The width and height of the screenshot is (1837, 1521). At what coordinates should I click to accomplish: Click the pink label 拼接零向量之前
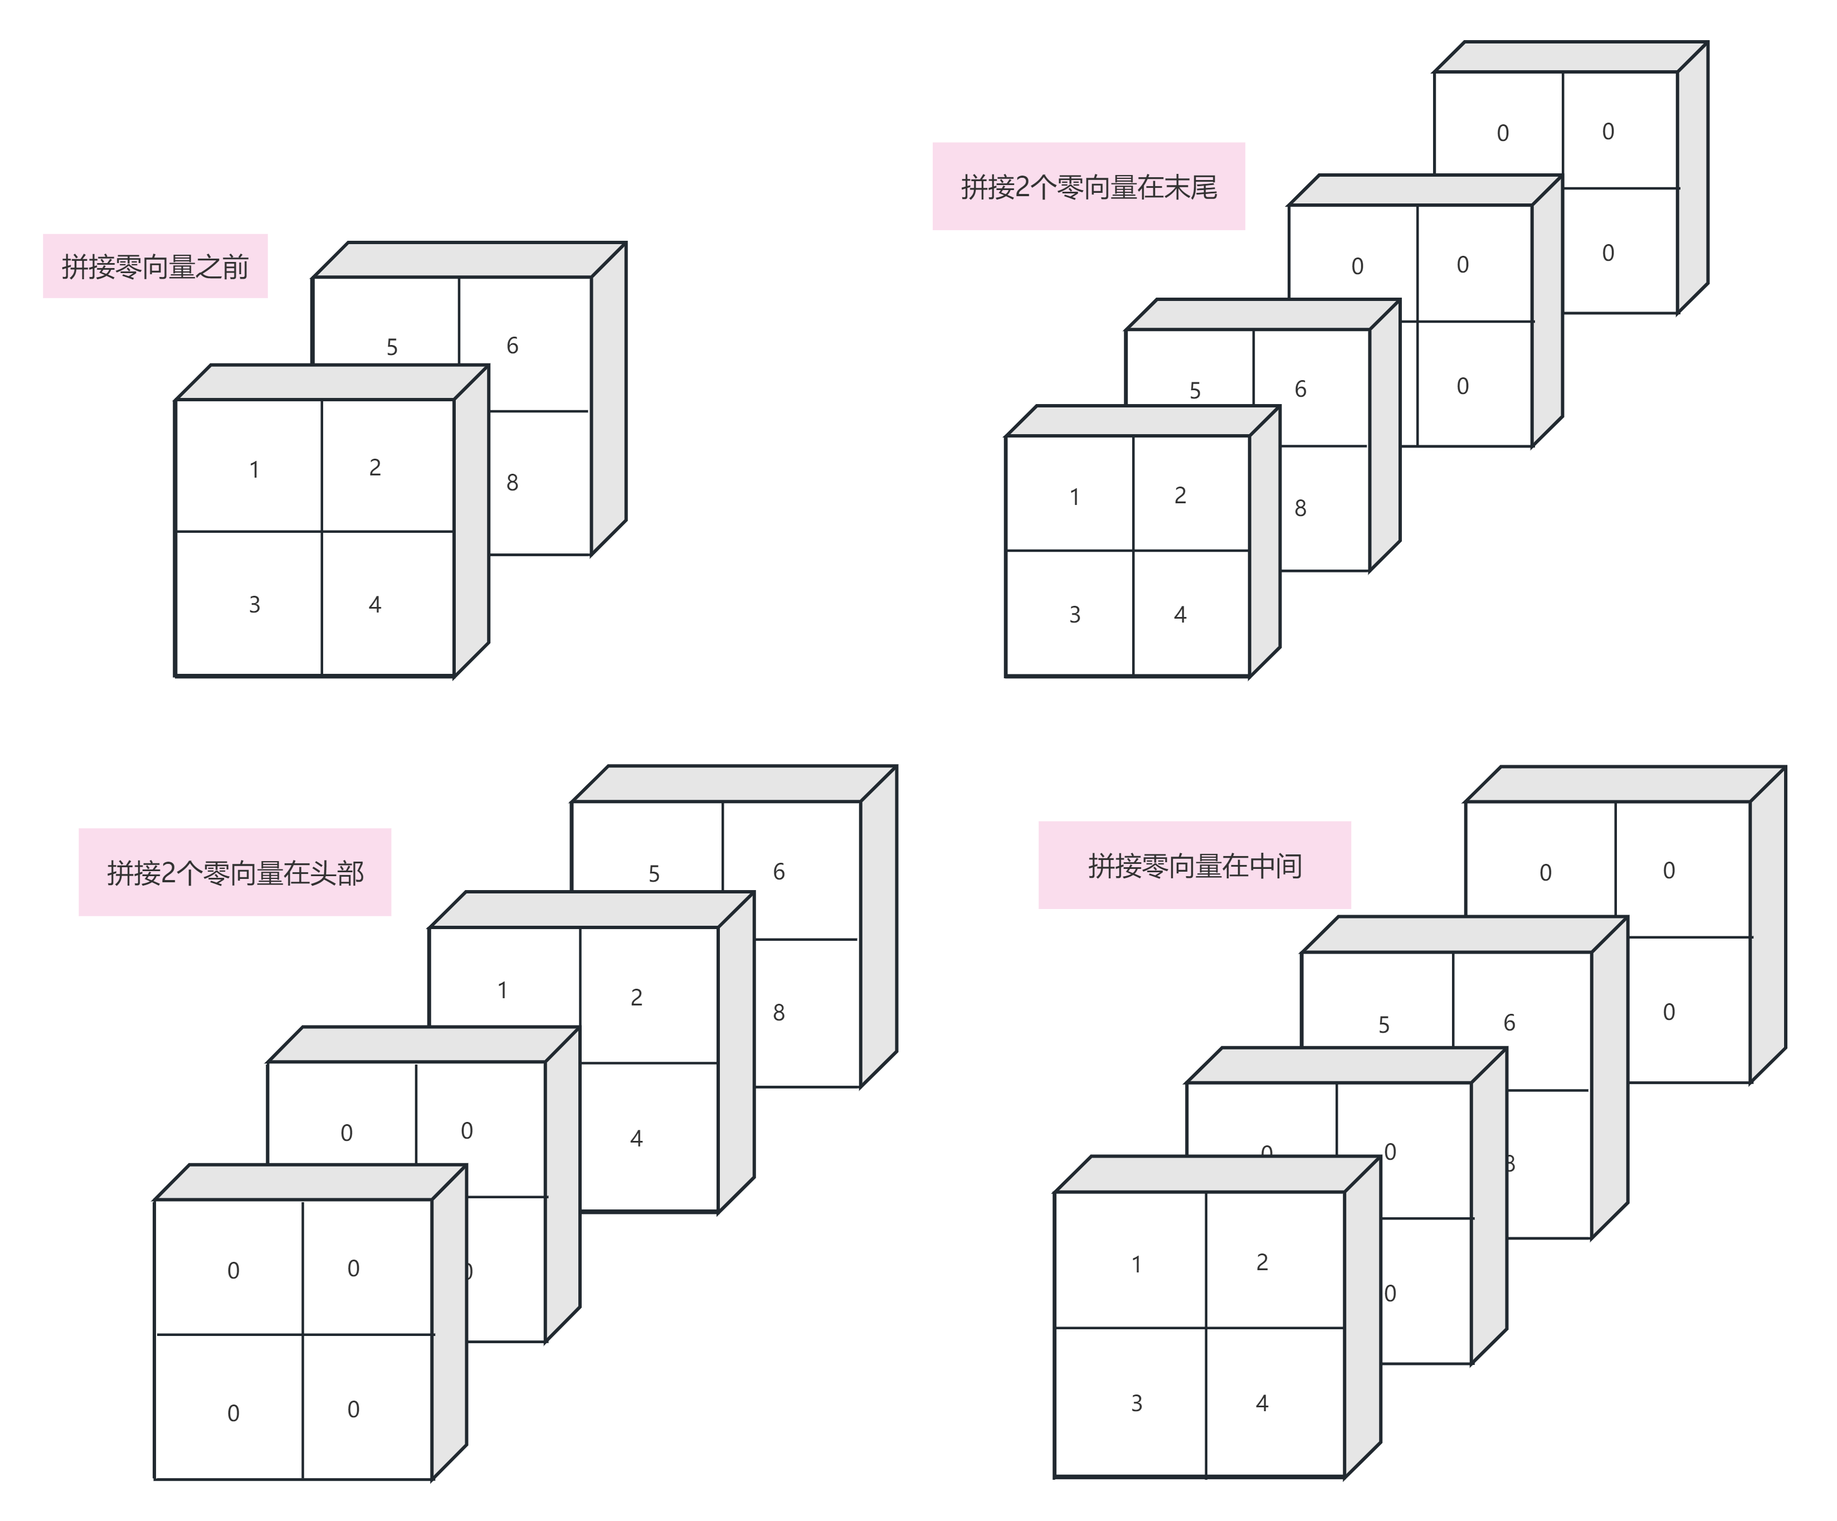tap(155, 266)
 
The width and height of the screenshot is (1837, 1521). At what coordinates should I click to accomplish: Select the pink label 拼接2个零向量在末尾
tap(1088, 186)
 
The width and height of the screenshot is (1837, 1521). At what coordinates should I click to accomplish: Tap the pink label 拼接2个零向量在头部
tap(235, 872)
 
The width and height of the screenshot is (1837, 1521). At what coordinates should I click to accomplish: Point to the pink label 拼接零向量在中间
tap(1194, 866)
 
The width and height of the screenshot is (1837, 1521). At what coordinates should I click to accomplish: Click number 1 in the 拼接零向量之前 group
tap(254, 470)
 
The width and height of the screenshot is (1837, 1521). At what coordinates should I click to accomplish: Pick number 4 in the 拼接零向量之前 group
tap(374, 605)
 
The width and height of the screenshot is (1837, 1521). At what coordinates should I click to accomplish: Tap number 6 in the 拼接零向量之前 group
tap(511, 346)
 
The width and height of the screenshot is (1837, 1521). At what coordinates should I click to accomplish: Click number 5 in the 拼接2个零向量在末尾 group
tap(1195, 390)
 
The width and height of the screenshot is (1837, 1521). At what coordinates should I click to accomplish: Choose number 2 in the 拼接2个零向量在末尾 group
tap(1180, 495)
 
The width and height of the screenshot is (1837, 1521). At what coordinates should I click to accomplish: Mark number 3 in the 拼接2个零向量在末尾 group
tap(1074, 615)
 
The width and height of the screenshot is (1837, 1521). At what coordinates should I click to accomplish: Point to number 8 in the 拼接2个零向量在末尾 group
tap(1300, 508)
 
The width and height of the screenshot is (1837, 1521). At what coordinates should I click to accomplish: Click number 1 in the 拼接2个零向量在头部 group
tap(502, 990)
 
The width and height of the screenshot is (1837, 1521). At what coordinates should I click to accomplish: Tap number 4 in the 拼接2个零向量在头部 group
tap(636, 1139)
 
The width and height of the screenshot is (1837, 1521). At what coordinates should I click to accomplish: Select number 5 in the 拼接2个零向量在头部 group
tap(654, 873)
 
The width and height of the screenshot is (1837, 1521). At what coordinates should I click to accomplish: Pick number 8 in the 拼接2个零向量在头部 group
tap(778, 1013)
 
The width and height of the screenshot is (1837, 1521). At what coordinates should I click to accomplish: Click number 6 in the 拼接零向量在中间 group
tap(1509, 1022)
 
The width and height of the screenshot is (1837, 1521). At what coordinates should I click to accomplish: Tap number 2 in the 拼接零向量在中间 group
tap(1261, 1262)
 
